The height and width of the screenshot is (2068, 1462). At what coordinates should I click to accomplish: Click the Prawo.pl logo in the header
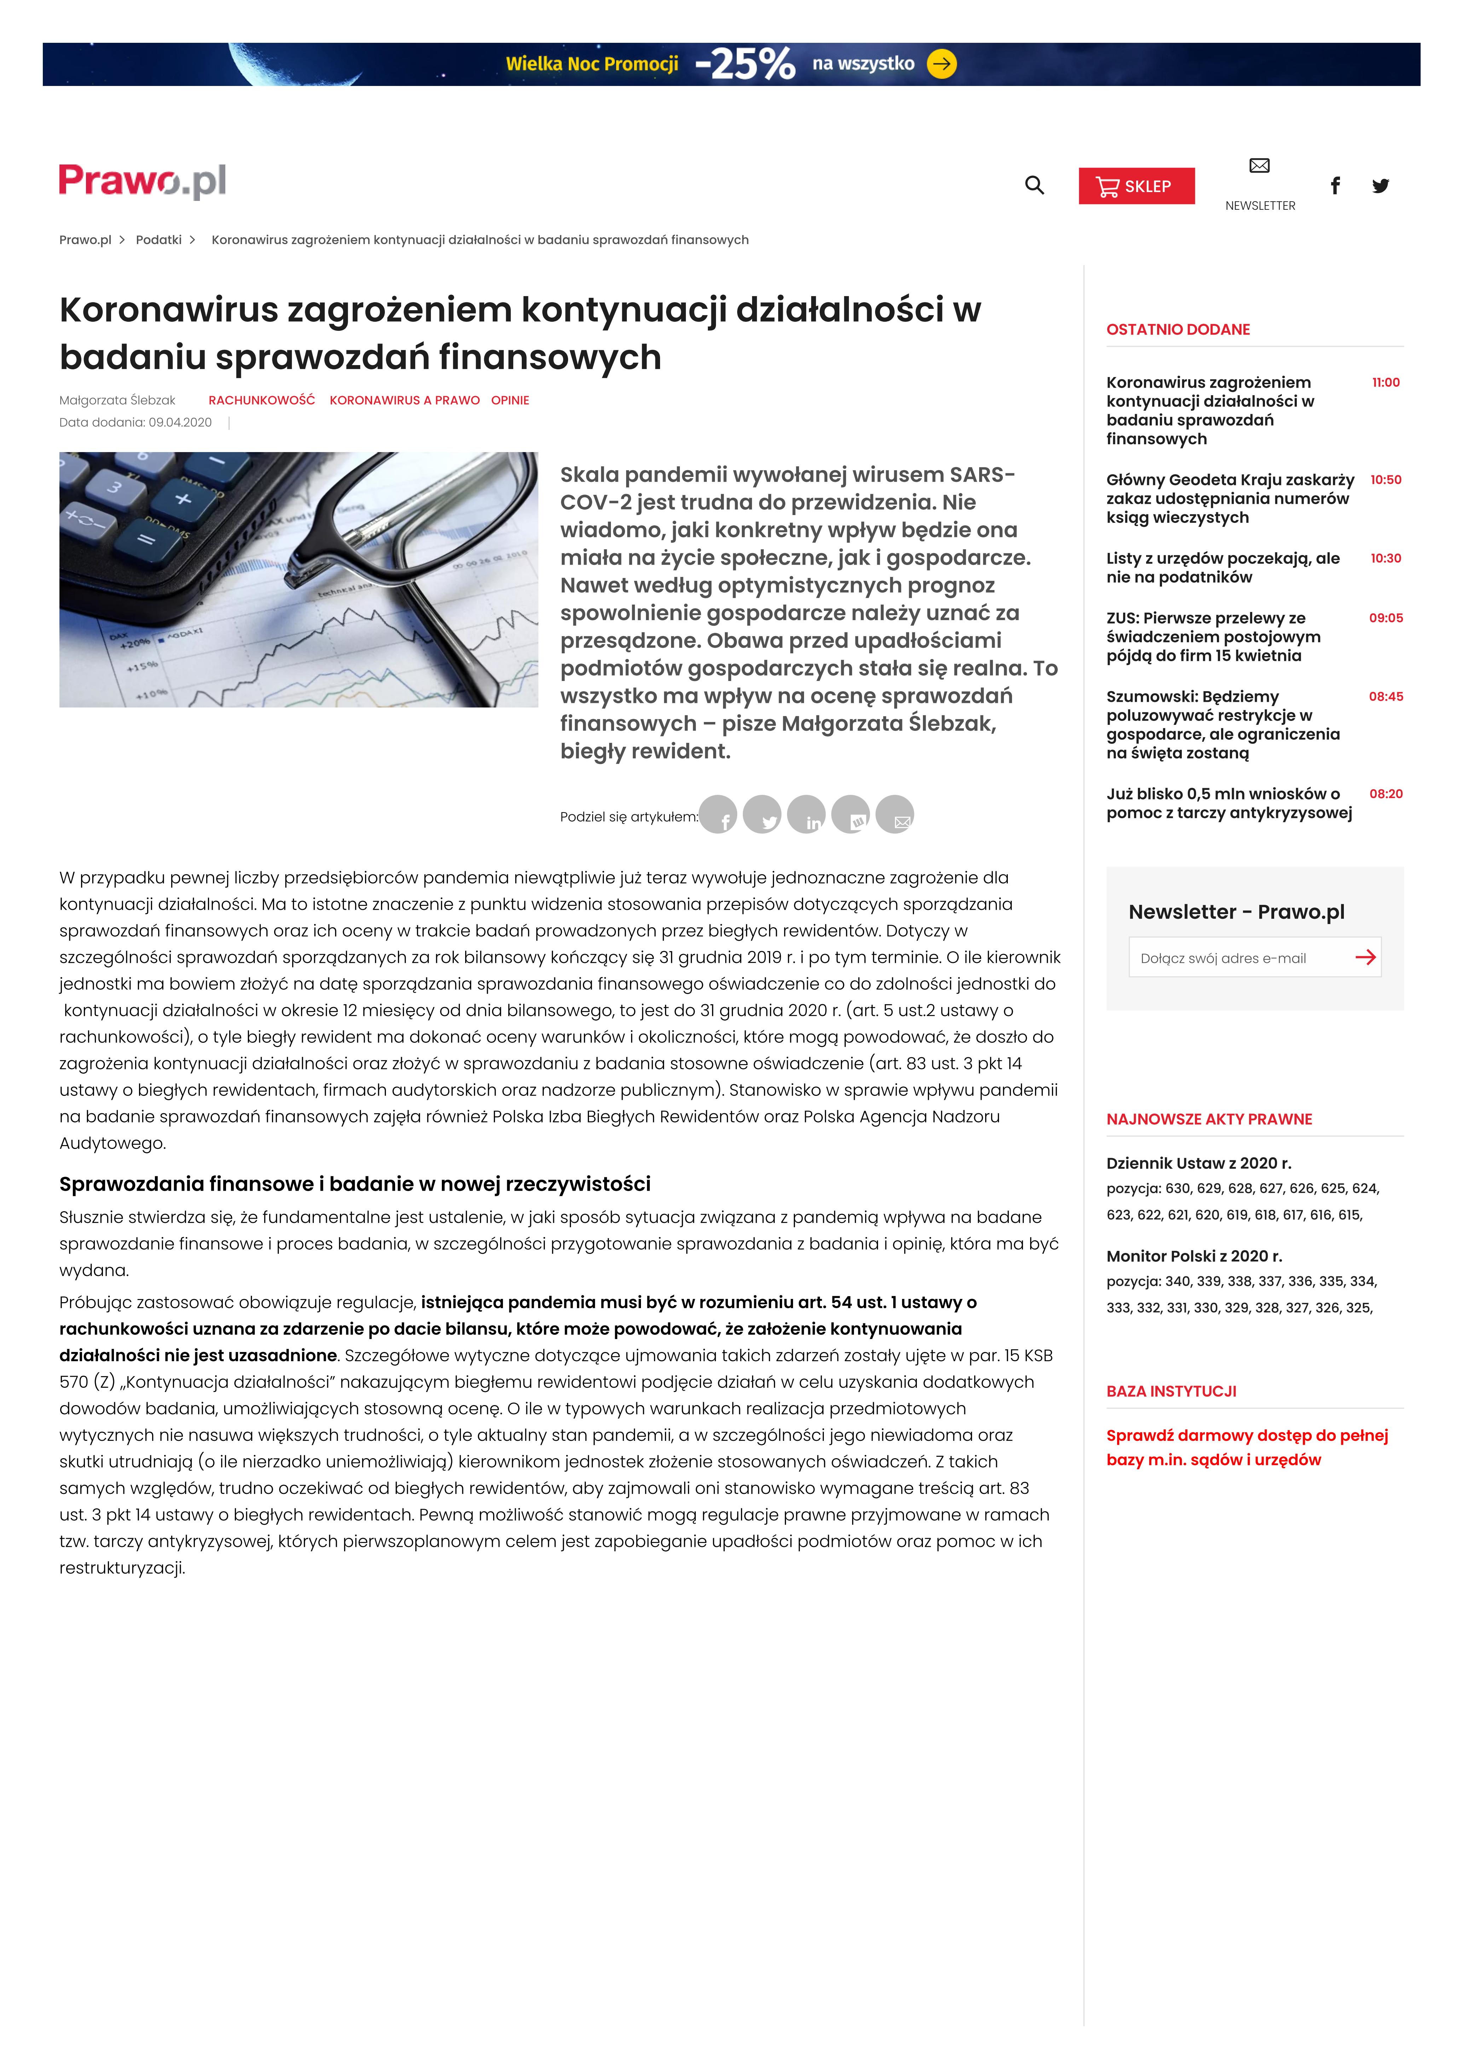[142, 181]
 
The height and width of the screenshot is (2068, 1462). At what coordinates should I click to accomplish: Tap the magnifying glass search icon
[1034, 186]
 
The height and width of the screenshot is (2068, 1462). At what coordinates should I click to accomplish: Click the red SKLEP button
[1136, 186]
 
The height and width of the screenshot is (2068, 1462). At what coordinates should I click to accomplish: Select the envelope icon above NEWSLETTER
[1259, 166]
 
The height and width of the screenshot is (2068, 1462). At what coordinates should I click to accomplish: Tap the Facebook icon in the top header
[1335, 186]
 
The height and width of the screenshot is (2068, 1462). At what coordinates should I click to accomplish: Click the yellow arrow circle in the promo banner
[941, 64]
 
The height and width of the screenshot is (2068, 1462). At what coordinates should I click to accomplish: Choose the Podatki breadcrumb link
[158, 239]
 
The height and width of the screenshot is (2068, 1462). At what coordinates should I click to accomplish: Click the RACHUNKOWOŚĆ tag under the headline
[261, 400]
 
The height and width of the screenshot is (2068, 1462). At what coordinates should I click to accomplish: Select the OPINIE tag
[510, 400]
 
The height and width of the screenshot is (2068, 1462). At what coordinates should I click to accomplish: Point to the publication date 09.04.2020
[180, 422]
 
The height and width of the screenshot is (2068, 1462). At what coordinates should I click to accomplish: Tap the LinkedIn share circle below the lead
[806, 815]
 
